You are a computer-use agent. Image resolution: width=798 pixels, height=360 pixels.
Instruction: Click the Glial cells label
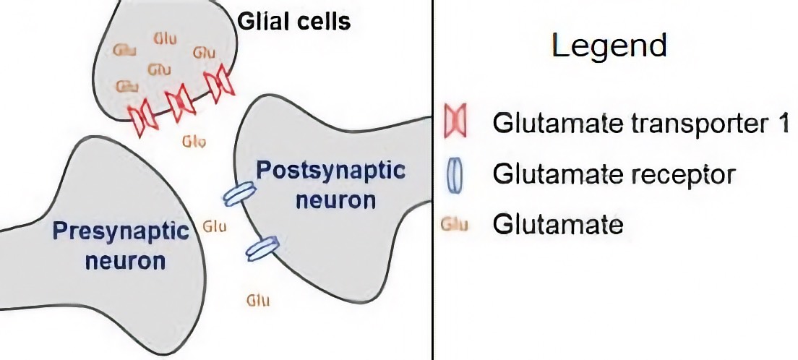(x=294, y=22)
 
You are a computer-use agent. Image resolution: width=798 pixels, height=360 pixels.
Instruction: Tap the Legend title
(x=609, y=46)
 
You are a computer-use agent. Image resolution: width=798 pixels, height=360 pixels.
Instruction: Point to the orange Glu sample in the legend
(x=455, y=225)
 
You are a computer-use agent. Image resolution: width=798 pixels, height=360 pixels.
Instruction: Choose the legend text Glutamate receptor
(x=614, y=174)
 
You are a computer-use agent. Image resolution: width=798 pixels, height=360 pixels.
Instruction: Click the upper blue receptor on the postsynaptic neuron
(x=239, y=192)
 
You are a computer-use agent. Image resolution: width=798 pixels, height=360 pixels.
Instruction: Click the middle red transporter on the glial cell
(x=179, y=100)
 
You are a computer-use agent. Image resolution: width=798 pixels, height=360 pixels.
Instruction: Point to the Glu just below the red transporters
(x=194, y=140)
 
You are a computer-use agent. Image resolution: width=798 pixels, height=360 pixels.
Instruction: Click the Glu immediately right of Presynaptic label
(x=215, y=226)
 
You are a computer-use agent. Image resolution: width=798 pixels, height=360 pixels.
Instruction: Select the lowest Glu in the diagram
(x=258, y=299)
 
